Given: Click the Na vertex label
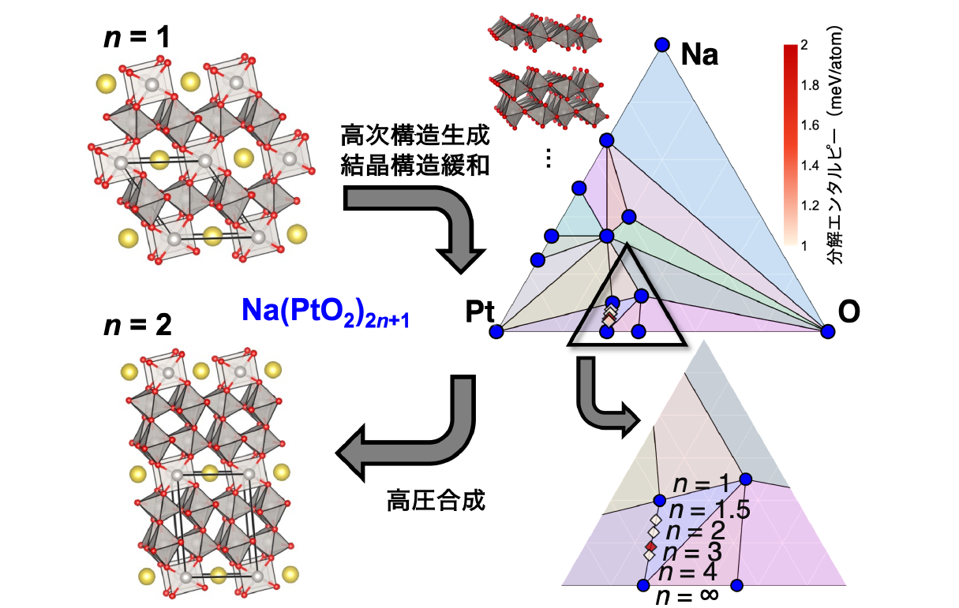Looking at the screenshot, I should click(x=699, y=55).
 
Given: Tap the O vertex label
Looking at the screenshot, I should click(x=849, y=312).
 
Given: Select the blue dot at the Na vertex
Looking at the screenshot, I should click(x=661, y=45).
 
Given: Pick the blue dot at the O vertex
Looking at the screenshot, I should click(x=827, y=331).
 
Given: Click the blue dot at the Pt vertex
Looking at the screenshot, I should click(x=496, y=331).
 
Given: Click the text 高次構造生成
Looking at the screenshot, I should click(x=415, y=135).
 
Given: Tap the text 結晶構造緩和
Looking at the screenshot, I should click(x=415, y=166).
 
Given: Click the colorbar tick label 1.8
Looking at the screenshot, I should click(x=810, y=85).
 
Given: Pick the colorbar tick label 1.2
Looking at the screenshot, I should click(x=810, y=206).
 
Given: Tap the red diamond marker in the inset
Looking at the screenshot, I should click(x=650, y=546).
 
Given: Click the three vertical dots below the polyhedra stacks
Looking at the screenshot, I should click(x=549, y=159).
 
